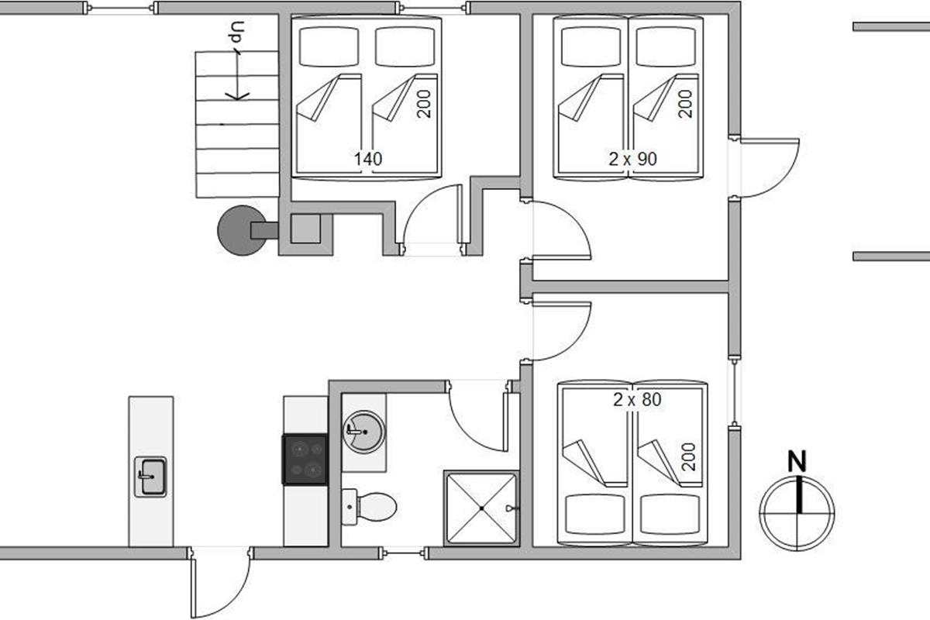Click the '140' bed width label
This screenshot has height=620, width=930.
(x=368, y=159)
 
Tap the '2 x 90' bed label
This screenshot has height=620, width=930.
(x=632, y=159)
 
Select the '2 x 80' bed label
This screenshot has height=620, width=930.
(x=637, y=399)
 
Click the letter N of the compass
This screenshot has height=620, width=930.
(x=797, y=461)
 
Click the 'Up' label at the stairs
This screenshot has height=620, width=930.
(x=236, y=32)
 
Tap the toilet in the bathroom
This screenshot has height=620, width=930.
(x=369, y=507)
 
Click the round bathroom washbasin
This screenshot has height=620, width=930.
(x=364, y=432)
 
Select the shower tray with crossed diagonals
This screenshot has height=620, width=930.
(x=481, y=508)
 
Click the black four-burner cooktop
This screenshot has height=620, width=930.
(x=305, y=460)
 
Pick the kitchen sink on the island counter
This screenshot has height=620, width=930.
(x=150, y=477)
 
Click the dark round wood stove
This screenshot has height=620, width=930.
(x=243, y=230)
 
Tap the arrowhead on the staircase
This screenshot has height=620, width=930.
(x=237, y=96)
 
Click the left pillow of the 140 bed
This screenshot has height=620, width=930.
(x=329, y=46)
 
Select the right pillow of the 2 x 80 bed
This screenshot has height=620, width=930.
(x=670, y=515)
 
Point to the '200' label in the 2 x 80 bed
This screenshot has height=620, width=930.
(x=688, y=456)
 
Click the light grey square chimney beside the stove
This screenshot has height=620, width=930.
(x=305, y=229)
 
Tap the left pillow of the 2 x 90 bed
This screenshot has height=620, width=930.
(x=591, y=46)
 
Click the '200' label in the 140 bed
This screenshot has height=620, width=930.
(x=423, y=104)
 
